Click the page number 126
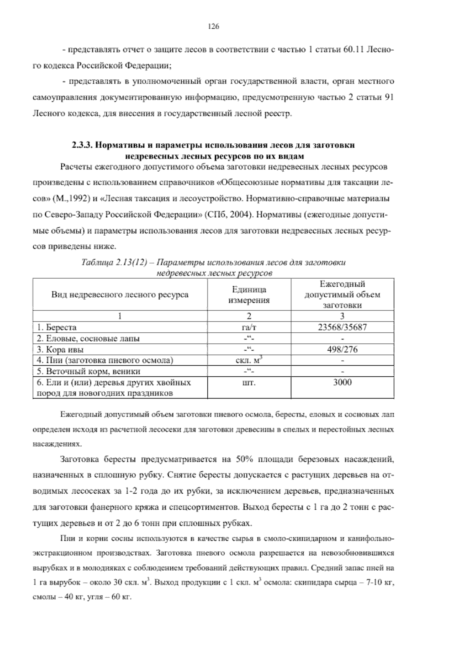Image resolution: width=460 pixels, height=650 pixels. pyautogui.click(x=213, y=26)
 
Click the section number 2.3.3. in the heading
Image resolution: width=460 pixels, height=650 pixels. pyautogui.click(x=82, y=146)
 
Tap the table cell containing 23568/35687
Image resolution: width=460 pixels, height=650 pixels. pyautogui.click(x=342, y=327)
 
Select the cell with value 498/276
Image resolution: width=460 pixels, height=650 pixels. pyautogui.click(x=342, y=349)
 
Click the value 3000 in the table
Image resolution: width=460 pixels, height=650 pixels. pyautogui.click(x=342, y=382)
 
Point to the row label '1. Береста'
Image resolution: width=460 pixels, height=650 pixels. pyautogui.click(x=57, y=327)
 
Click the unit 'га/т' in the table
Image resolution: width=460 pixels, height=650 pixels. pyautogui.click(x=249, y=327)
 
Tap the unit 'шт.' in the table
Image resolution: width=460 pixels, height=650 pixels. pyautogui.click(x=249, y=382)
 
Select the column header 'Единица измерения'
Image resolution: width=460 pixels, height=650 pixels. pyautogui.click(x=249, y=295)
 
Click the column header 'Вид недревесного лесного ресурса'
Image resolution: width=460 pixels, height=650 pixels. pyautogui.click(x=120, y=295)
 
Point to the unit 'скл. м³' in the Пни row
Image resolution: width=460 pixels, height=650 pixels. pyautogui.click(x=249, y=360)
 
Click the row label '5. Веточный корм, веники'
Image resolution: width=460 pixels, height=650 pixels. pyautogui.click(x=89, y=371)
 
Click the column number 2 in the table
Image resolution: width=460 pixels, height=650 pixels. pyautogui.click(x=249, y=316)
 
